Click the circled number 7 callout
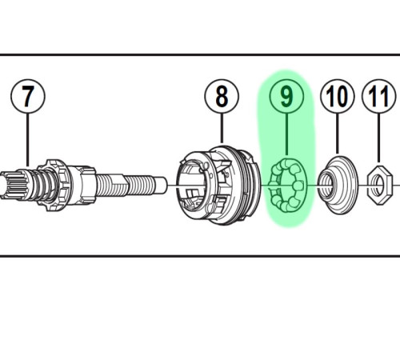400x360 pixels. [28, 96]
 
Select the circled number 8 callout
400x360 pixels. [222, 96]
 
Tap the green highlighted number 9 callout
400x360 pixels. [286, 96]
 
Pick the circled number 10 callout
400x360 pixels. [338, 96]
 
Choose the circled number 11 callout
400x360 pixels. [378, 96]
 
